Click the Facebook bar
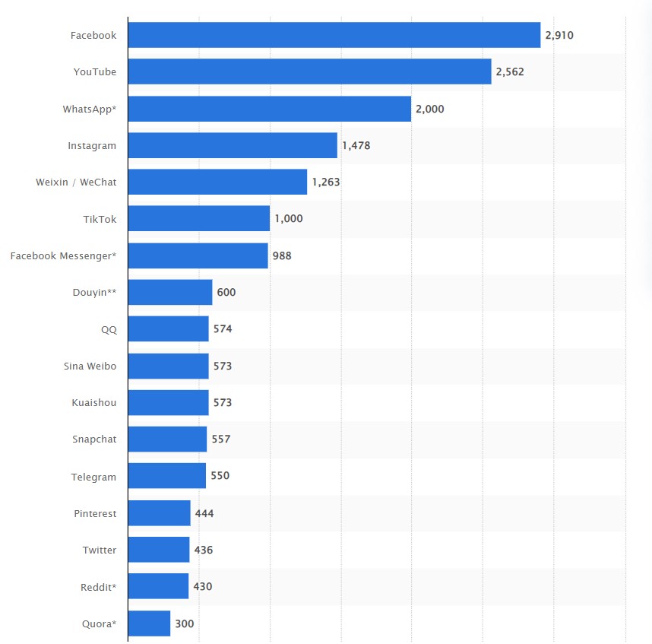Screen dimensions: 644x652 tap(334, 35)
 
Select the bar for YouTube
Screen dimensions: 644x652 tap(309, 71)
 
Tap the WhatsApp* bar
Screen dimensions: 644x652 tap(269, 109)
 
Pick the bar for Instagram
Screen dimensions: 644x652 tap(233, 145)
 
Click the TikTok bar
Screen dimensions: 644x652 tap(199, 218)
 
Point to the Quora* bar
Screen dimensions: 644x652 tap(149, 623)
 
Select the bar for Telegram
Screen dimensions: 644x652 tap(167, 476)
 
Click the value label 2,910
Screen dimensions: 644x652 tap(559, 35)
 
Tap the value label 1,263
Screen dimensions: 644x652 tap(326, 182)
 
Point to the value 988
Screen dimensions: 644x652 tap(282, 255)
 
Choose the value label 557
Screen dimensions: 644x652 tap(220, 439)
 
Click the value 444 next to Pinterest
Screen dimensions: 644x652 tap(204, 513)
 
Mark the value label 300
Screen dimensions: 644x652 tap(185, 623)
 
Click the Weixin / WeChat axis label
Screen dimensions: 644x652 tap(76, 182)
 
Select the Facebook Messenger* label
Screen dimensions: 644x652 tap(63, 255)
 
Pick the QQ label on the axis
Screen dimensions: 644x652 tap(109, 329)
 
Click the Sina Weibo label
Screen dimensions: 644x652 tap(90, 366)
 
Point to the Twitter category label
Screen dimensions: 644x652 tap(100, 550)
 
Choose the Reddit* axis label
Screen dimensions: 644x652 tap(98, 587)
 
